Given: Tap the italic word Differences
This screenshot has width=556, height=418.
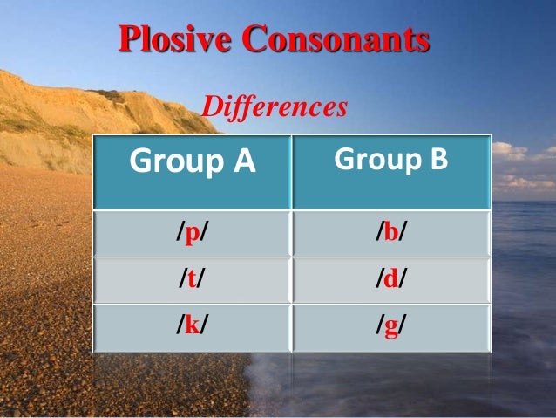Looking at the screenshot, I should coord(275,107).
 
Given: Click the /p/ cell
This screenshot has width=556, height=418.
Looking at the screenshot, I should coord(193,233).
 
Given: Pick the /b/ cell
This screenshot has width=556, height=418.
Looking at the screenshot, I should coord(391,233).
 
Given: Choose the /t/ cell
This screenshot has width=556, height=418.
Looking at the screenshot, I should coord(193,279).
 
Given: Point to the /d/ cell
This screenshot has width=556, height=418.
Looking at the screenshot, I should coord(391,279).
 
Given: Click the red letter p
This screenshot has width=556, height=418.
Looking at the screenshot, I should coord(193,234).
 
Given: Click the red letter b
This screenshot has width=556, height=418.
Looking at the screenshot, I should coord(391,233).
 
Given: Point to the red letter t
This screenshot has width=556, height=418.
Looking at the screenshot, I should coord(193,279).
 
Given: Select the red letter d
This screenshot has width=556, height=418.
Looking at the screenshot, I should coord(391,279).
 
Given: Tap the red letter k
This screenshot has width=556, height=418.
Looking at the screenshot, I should coord(193,325).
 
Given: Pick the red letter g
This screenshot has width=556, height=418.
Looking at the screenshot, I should coord(391,327).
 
